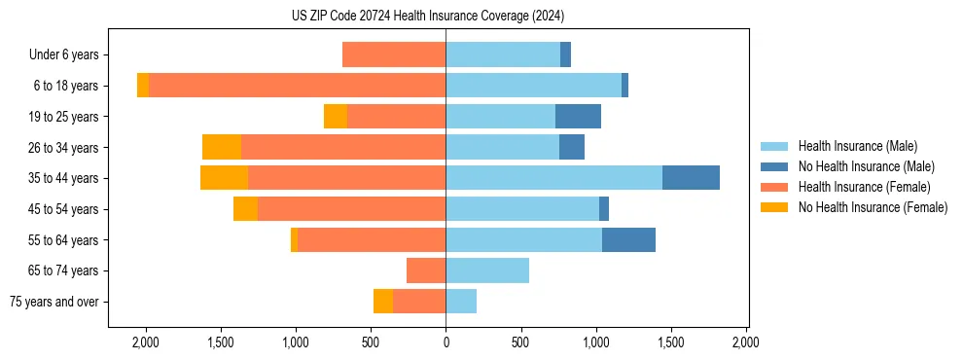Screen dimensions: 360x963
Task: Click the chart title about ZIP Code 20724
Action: [428, 17]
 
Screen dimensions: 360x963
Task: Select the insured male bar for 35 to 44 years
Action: [553, 178]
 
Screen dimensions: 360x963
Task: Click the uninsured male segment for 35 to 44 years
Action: [691, 178]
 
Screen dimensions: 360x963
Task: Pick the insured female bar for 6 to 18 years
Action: [297, 86]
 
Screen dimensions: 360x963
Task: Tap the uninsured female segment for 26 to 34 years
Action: [222, 147]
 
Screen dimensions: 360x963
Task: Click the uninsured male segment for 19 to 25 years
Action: [578, 117]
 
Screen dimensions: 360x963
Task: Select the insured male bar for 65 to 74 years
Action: [487, 270]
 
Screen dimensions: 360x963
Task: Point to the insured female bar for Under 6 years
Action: [394, 55]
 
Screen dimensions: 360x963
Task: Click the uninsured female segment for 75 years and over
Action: [383, 302]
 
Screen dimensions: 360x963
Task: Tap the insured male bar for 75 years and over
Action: [461, 302]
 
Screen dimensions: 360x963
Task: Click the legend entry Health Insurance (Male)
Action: [857, 146]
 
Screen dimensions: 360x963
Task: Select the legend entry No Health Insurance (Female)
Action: [873, 207]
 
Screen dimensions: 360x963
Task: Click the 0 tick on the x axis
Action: [446, 342]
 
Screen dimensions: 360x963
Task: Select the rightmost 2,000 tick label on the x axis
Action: [746, 342]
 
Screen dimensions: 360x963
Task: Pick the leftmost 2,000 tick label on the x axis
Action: [146, 342]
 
